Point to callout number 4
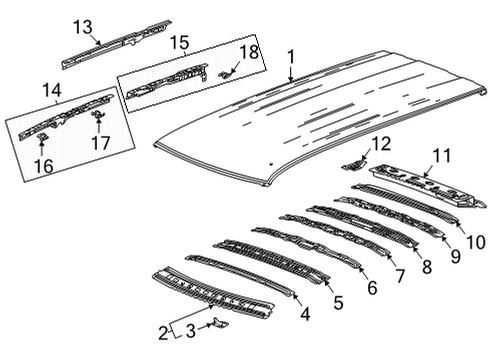coord(304,313)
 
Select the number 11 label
coord(442,154)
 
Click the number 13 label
coord(81,25)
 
